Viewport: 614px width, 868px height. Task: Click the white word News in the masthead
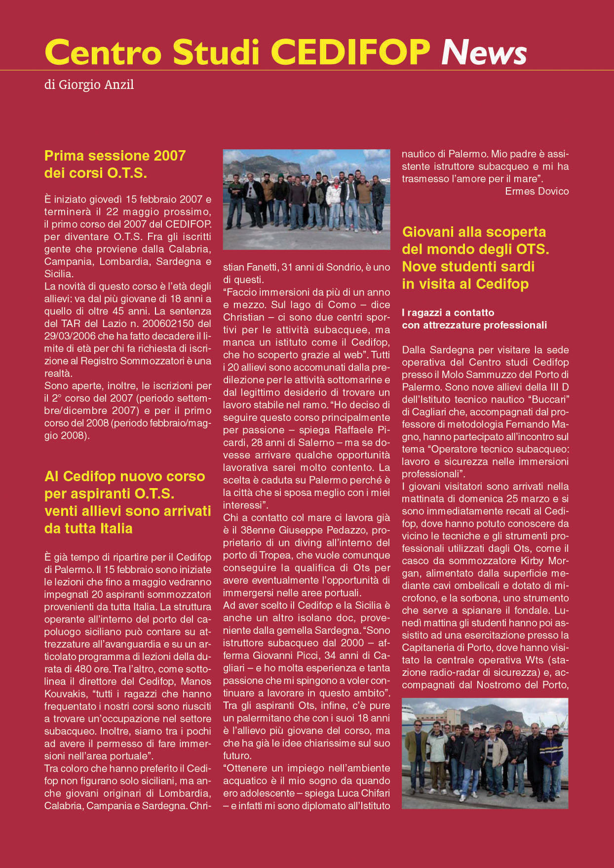[x=484, y=52]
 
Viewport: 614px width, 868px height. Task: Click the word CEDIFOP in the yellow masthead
[x=351, y=52]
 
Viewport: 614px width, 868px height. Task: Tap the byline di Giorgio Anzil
[x=89, y=85]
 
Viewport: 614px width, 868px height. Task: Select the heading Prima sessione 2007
[x=115, y=156]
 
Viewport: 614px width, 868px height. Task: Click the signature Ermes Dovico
[x=537, y=191]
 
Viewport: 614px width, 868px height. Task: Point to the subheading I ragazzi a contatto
[x=448, y=313]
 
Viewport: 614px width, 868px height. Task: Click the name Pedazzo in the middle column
[x=330, y=531]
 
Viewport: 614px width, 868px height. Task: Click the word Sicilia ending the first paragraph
[x=58, y=274]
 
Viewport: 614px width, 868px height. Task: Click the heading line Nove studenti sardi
[x=468, y=267]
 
